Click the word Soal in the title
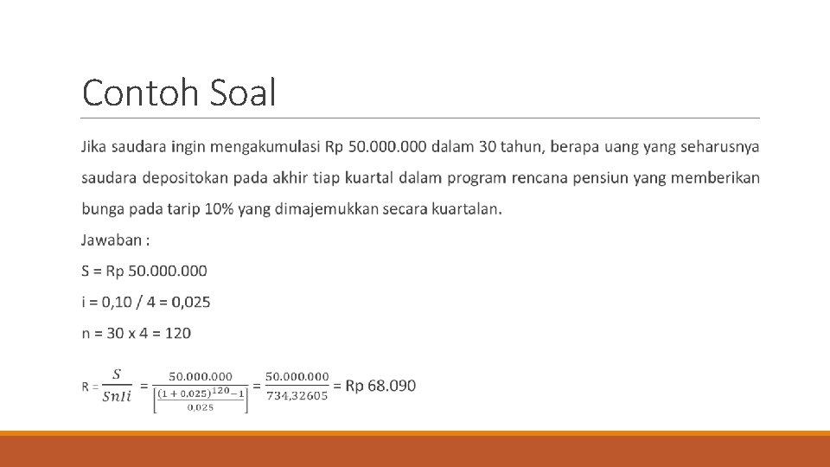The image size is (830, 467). (x=242, y=93)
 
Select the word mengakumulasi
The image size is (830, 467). (x=264, y=147)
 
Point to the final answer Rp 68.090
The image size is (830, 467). (x=380, y=386)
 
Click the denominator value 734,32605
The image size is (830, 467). (x=297, y=396)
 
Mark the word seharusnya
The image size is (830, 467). (x=720, y=147)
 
